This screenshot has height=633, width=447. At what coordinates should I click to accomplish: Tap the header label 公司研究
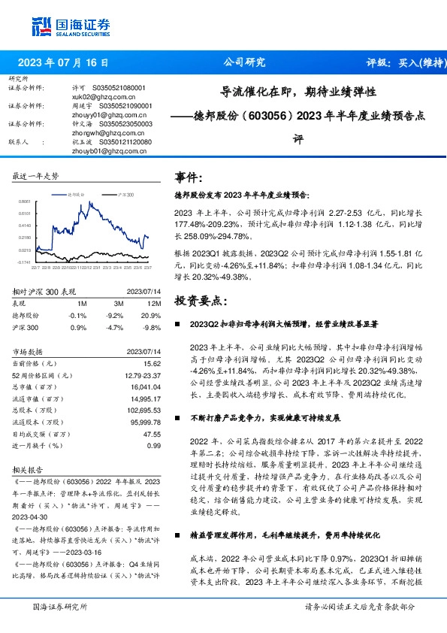point(245,63)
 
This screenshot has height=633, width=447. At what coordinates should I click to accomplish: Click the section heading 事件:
point(189,178)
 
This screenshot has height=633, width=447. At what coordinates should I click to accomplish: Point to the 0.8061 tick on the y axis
point(25,201)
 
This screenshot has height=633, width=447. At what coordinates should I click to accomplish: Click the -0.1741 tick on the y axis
point(24,262)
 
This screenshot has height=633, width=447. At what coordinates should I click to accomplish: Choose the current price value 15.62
point(153,362)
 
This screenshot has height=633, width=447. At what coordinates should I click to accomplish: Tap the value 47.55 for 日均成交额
point(153,434)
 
